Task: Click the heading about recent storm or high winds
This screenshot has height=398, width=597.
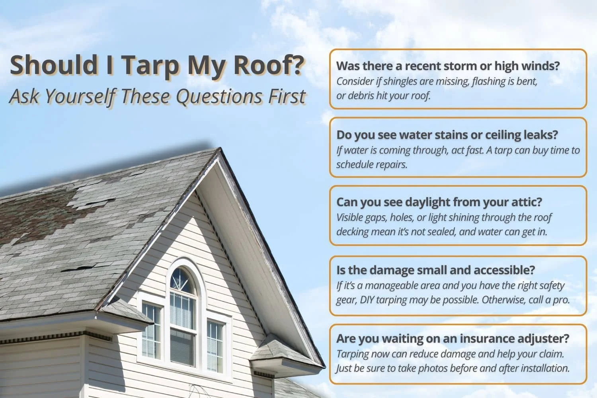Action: (x=448, y=66)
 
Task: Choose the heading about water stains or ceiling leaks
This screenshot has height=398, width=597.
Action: (x=447, y=135)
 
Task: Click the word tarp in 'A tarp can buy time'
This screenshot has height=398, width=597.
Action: (x=502, y=150)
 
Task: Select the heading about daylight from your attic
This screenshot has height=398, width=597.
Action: (x=439, y=202)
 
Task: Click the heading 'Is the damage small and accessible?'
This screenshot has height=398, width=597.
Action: (x=435, y=270)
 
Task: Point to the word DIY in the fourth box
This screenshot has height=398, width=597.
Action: (x=367, y=300)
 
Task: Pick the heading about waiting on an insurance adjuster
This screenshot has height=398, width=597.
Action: (x=453, y=338)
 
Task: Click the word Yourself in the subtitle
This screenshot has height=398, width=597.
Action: (x=78, y=97)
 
